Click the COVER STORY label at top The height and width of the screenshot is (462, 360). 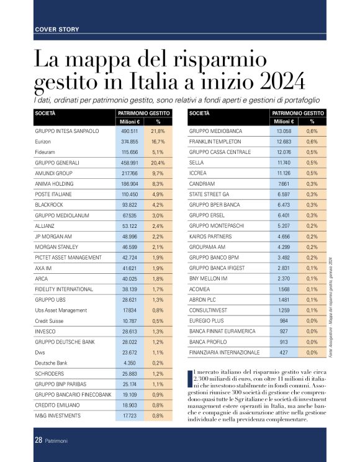(x=57, y=29)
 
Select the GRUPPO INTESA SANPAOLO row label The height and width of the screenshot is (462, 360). (x=66, y=132)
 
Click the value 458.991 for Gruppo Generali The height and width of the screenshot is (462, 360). (x=129, y=162)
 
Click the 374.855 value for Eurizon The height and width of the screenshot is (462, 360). (x=129, y=142)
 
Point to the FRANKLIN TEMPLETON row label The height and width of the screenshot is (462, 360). (x=214, y=142)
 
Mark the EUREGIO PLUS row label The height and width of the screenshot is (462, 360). (x=207, y=320)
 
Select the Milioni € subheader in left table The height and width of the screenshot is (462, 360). (x=128, y=122)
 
